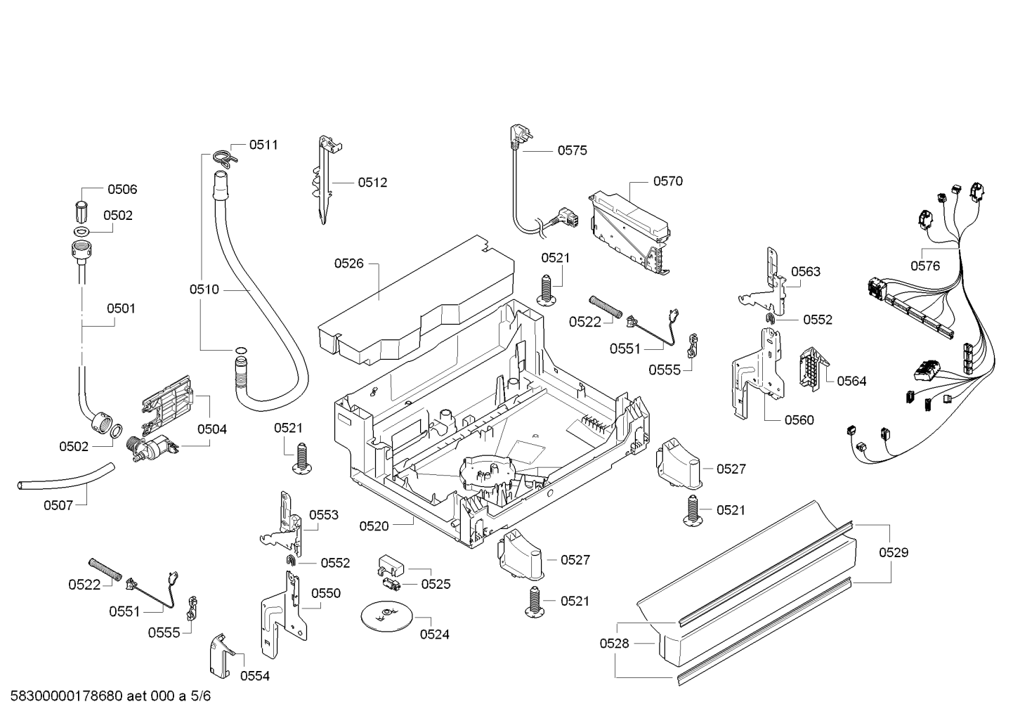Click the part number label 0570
[668, 181]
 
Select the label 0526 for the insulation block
[348, 263]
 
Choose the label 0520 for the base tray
[374, 526]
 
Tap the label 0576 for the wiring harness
[925, 266]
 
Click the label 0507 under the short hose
[58, 505]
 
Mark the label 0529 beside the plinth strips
[894, 552]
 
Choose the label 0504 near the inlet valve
[212, 429]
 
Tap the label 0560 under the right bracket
[799, 420]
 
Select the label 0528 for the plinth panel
[614, 643]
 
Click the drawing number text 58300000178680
[67, 696]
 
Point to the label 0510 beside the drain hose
[204, 289]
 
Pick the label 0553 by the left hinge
[324, 515]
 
